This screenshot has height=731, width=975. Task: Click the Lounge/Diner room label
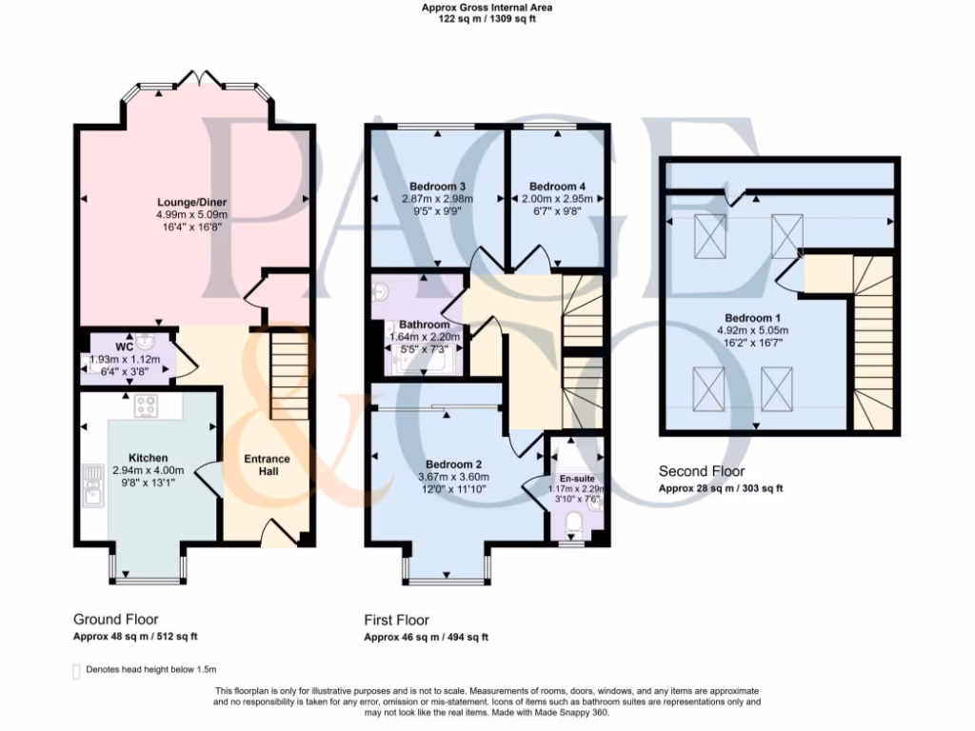(x=192, y=202)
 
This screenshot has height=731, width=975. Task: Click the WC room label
(x=125, y=346)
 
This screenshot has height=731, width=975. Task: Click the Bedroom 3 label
(x=437, y=186)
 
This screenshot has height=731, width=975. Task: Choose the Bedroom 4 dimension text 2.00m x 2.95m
(x=556, y=199)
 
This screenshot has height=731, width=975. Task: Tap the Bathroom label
(x=424, y=325)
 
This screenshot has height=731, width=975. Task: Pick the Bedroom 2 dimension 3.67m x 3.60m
(x=452, y=477)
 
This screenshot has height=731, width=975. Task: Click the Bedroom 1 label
(x=752, y=318)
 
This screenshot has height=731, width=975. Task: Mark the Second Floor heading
(x=702, y=471)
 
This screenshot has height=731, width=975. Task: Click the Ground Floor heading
(x=116, y=619)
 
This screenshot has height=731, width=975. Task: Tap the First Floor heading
(x=397, y=619)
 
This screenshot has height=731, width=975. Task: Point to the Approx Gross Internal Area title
(x=487, y=8)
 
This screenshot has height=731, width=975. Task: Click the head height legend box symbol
(x=76, y=671)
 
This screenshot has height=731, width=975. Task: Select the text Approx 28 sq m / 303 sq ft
(x=721, y=488)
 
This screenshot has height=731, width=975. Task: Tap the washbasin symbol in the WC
(x=145, y=341)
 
